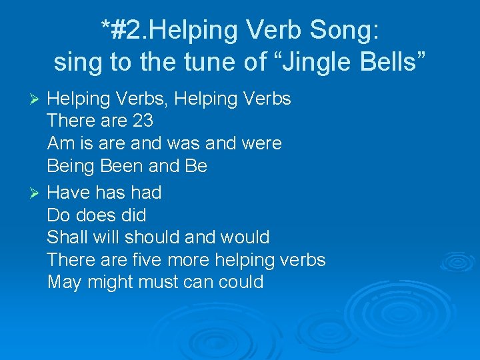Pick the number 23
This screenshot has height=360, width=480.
click(x=142, y=121)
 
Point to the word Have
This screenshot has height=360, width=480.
click(x=69, y=193)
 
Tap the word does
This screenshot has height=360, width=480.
click(x=99, y=215)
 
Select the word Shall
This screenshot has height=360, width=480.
click(x=65, y=237)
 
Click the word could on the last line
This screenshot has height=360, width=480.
click(x=241, y=282)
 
